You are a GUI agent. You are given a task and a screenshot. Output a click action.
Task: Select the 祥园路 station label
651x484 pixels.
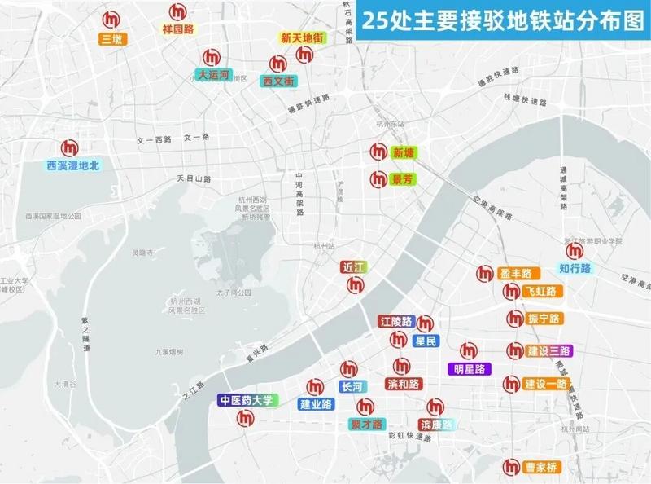click(x=178, y=29)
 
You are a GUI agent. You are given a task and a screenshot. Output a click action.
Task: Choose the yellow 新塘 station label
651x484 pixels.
click(x=404, y=152)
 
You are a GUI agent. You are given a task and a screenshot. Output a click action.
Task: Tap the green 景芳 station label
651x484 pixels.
click(x=403, y=179)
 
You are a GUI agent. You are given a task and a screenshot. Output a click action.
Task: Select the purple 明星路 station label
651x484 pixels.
click(x=470, y=368)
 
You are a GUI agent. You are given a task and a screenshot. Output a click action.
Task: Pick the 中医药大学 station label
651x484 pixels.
click(x=247, y=400)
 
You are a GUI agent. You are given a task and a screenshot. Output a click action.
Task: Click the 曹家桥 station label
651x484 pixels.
click(x=542, y=468)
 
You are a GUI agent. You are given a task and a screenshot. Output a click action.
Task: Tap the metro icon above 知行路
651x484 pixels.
click(x=575, y=250)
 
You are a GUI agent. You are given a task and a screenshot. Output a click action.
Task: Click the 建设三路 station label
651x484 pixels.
click(x=549, y=351)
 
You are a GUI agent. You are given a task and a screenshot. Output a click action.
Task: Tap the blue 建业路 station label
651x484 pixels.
click(x=316, y=404)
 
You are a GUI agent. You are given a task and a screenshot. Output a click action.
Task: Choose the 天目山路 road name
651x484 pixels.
click(x=194, y=178)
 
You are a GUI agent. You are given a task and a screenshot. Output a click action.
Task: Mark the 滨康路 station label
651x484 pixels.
click(x=436, y=425)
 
